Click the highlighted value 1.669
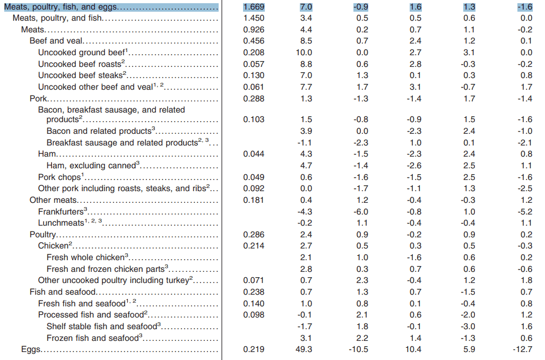(x=254, y=7)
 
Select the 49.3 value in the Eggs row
(x=304, y=349)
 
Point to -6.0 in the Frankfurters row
(x=361, y=211)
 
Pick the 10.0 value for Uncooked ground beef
(x=304, y=53)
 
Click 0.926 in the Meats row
(x=254, y=30)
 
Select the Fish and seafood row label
(x=63, y=292)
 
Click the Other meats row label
(x=53, y=200)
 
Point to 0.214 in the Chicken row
(x=254, y=245)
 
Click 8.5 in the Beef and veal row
(x=306, y=41)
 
